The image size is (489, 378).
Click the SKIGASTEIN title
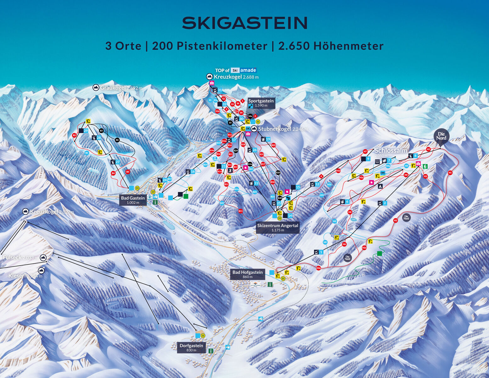click(244, 23)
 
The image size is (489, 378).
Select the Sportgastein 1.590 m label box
click(261, 103)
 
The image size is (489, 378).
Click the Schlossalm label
click(391, 151)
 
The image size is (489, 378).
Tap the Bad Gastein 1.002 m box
click(133, 200)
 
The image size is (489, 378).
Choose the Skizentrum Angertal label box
click(277, 227)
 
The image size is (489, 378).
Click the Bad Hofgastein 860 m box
click(247, 274)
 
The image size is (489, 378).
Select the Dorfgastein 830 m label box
click(191, 347)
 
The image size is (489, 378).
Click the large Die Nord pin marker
click(441, 136)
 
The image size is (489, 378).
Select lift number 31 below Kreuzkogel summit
click(220, 90)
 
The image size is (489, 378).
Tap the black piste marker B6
click(117, 140)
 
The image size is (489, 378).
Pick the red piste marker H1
click(450, 173)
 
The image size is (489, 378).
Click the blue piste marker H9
click(325, 242)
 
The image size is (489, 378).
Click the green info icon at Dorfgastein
click(211, 351)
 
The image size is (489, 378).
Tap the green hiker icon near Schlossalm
click(425, 166)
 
